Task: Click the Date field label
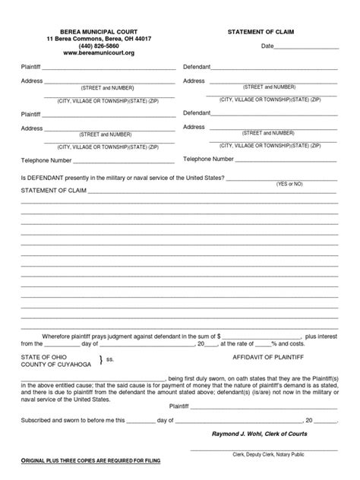267,47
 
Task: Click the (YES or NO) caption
289,184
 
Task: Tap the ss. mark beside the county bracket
110,360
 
